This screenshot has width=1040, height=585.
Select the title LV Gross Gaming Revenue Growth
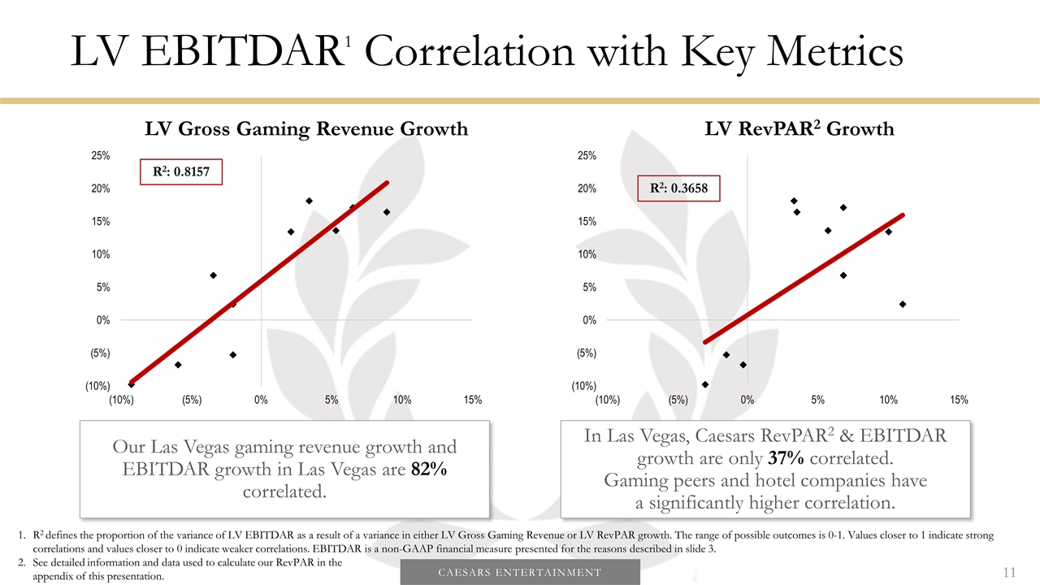click(x=306, y=129)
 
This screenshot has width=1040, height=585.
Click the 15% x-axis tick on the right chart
click(x=959, y=400)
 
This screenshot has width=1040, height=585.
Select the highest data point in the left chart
click(x=310, y=201)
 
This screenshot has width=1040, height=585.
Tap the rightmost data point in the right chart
click(x=903, y=304)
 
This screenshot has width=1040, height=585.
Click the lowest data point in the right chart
click(x=705, y=384)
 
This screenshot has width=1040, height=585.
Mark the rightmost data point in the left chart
click(x=387, y=212)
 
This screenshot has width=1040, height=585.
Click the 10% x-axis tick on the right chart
click(x=888, y=400)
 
